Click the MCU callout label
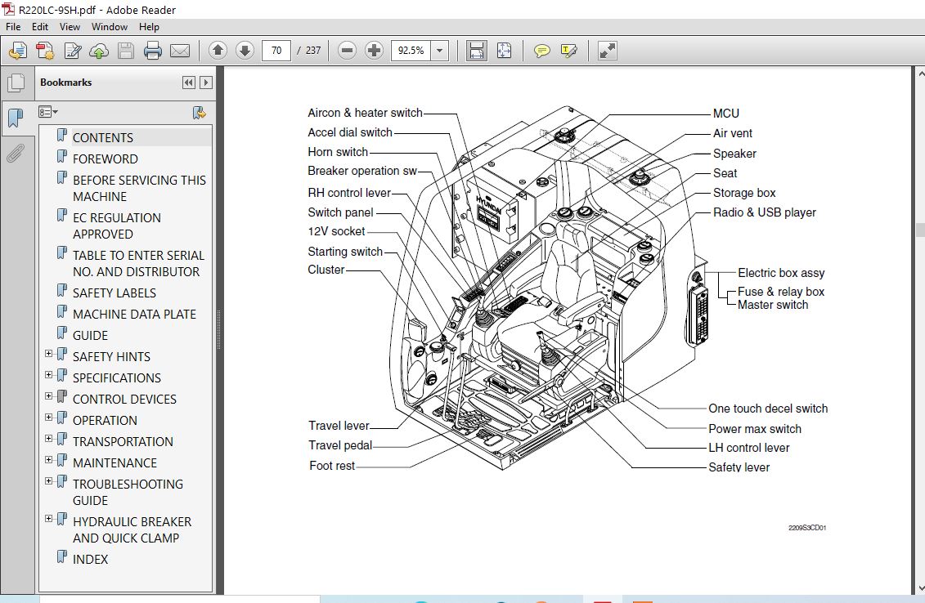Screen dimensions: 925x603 pyautogui.click(x=725, y=114)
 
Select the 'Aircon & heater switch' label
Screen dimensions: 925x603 pyautogui.click(x=365, y=113)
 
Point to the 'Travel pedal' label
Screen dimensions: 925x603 pyautogui.click(x=339, y=445)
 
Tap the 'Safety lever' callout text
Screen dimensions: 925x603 pyautogui.click(x=739, y=467)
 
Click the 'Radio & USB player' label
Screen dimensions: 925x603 pyautogui.click(x=764, y=212)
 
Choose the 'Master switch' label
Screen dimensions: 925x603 pyautogui.click(x=772, y=305)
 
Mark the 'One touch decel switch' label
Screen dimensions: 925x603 pyautogui.click(x=767, y=409)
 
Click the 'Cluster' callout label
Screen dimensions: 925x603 pyautogui.click(x=326, y=270)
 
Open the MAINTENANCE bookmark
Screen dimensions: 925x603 pyautogui.click(x=115, y=463)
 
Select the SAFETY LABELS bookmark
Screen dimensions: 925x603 pyautogui.click(x=114, y=293)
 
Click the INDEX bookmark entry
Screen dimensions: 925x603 pyautogui.click(x=90, y=560)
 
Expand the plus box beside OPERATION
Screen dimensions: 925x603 pyautogui.click(x=49, y=418)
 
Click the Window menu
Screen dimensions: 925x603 pyautogui.click(x=109, y=26)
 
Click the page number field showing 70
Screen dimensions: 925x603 pyautogui.click(x=276, y=51)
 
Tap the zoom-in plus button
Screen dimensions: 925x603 pyautogui.click(x=374, y=51)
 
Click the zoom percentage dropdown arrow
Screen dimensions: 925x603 pyautogui.click(x=439, y=51)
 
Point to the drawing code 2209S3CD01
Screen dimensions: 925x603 pyautogui.click(x=807, y=528)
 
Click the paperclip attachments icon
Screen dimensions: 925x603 pyautogui.click(x=16, y=154)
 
